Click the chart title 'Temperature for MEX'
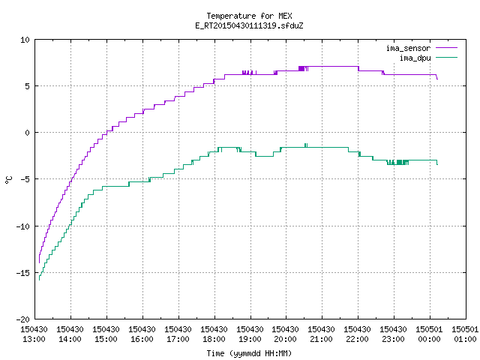point(249,16)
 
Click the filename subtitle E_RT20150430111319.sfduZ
point(249,25)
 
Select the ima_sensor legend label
point(408,48)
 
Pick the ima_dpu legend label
point(415,58)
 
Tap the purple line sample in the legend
point(447,48)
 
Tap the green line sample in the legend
point(447,57)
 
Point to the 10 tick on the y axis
point(25,40)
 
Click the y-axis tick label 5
point(28,86)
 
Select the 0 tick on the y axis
point(28,133)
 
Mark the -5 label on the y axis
point(25,179)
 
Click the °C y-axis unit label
point(8,180)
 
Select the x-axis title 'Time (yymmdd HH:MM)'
point(249,353)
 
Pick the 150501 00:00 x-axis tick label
point(429,334)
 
